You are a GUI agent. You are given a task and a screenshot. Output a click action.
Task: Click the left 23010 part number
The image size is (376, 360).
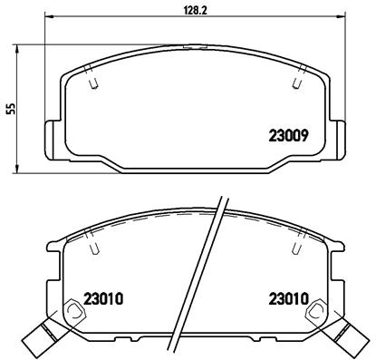tap(103, 297)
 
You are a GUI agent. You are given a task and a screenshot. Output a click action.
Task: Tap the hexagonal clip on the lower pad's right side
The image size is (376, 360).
tap(319, 312)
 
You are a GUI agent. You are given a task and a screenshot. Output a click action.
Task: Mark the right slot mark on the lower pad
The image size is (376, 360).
tap(294, 243)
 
